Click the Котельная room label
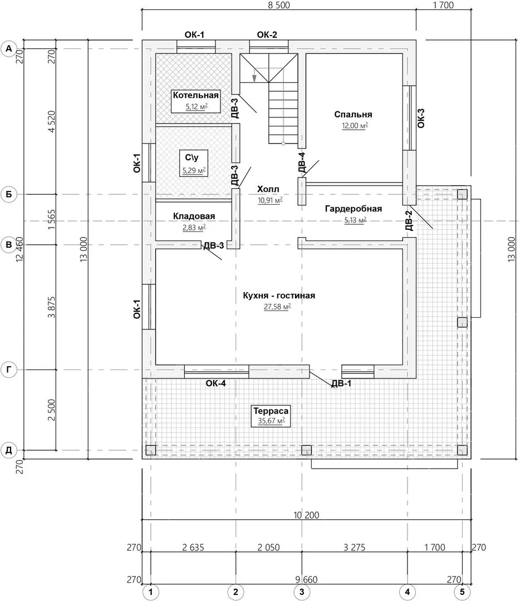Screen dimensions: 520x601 (x=195, y=95)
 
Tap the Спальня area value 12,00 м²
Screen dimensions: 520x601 (x=355, y=125)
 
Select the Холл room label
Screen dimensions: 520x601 (x=268, y=189)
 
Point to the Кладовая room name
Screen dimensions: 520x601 (x=194, y=216)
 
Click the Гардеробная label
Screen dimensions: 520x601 (x=354, y=209)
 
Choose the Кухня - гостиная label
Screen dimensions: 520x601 (x=279, y=295)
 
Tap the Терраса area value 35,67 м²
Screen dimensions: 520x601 (x=271, y=421)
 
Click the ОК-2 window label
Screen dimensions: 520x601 (x=267, y=35)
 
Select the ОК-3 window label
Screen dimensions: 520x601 (x=421, y=118)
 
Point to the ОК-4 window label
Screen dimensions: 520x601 (x=215, y=383)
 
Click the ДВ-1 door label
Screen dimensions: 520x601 (x=341, y=383)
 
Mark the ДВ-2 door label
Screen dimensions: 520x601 (x=409, y=221)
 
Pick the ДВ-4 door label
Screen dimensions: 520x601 (x=302, y=162)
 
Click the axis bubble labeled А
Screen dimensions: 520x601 (x=9, y=49)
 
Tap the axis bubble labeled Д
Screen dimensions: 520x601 (x=9, y=450)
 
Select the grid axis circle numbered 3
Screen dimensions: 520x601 (x=302, y=592)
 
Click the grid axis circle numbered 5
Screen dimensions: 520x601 (x=462, y=592)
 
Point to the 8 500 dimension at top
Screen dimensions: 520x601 (x=278, y=5)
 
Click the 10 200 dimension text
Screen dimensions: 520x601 (x=306, y=515)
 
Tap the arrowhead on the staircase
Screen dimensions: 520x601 (x=254, y=78)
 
